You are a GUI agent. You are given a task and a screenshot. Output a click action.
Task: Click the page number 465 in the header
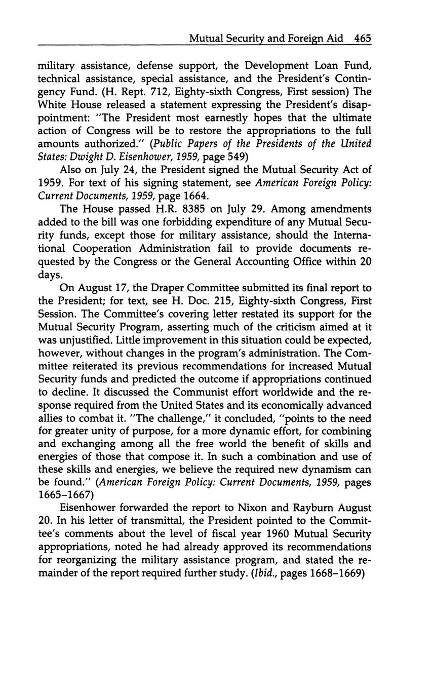[363, 38]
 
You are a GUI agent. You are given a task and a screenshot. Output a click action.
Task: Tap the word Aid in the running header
[334, 38]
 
